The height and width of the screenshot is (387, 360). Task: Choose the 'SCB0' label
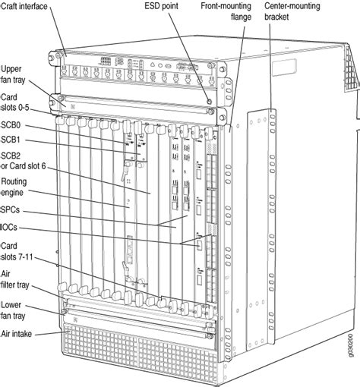[11, 125]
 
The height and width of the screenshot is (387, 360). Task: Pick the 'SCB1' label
[11, 140]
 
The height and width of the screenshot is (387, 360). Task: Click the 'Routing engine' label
[15, 187]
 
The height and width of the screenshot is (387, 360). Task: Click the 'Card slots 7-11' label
[17, 251]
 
